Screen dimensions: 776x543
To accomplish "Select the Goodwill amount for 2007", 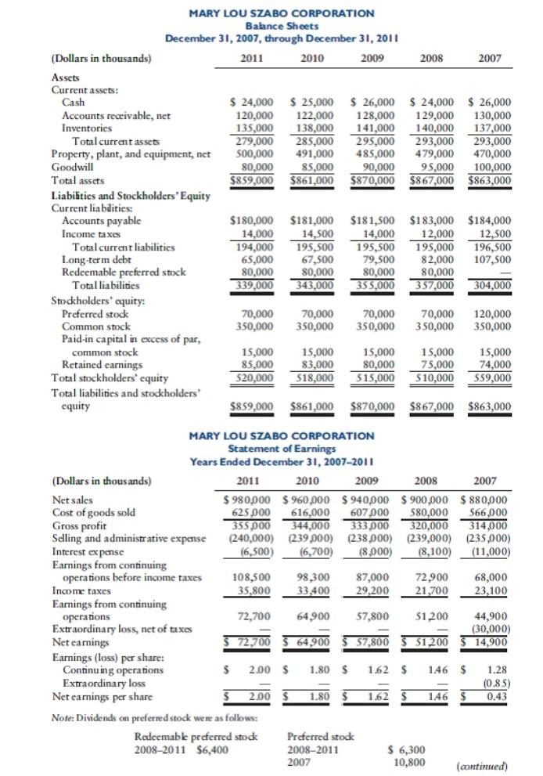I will [x=489, y=167].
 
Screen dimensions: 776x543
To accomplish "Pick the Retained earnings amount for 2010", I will [x=312, y=364].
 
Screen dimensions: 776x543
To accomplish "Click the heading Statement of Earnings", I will [x=271, y=448].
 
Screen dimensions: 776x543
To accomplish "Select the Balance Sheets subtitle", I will [x=271, y=26].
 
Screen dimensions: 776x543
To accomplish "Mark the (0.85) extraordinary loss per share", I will [x=493, y=681].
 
